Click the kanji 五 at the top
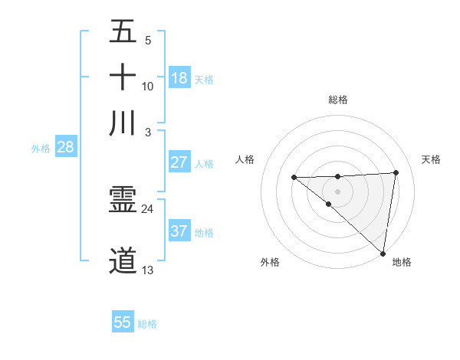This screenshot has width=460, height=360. point(123,33)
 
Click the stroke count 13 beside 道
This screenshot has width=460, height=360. point(147,270)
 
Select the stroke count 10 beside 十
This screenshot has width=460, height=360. point(147,86)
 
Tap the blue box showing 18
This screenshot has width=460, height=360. point(179,77)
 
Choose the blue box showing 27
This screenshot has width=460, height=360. point(179,162)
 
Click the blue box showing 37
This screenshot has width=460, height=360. point(179,231)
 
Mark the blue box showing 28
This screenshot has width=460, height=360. point(65,147)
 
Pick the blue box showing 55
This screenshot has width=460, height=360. point(123,322)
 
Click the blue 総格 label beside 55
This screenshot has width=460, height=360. point(147,324)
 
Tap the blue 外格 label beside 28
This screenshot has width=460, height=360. point(40,149)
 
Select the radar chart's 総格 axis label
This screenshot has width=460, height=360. point(337,100)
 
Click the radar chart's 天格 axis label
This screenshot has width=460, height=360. point(431,159)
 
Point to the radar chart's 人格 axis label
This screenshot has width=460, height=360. point(245,159)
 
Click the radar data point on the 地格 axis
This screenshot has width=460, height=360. point(383,253)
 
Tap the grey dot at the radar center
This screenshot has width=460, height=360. point(337,191)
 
